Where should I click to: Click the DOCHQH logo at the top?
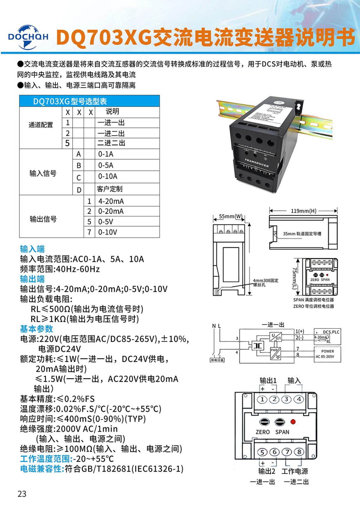(28, 37)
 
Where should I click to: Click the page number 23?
(22, 494)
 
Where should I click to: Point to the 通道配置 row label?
(41, 125)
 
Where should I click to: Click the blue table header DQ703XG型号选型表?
(70, 101)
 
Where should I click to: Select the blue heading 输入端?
(32, 249)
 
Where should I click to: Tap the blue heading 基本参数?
(36, 329)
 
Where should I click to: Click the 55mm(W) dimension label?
(231, 216)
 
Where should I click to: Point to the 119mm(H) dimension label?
(303, 211)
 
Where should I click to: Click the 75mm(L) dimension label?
(294, 278)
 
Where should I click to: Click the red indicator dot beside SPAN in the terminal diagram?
(293, 422)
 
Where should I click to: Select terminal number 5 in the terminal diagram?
(262, 452)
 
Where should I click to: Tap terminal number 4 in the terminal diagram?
(299, 399)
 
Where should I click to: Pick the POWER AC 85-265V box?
(327, 354)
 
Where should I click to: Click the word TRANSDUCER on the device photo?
(256, 163)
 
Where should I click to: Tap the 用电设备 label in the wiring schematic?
(217, 360)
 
